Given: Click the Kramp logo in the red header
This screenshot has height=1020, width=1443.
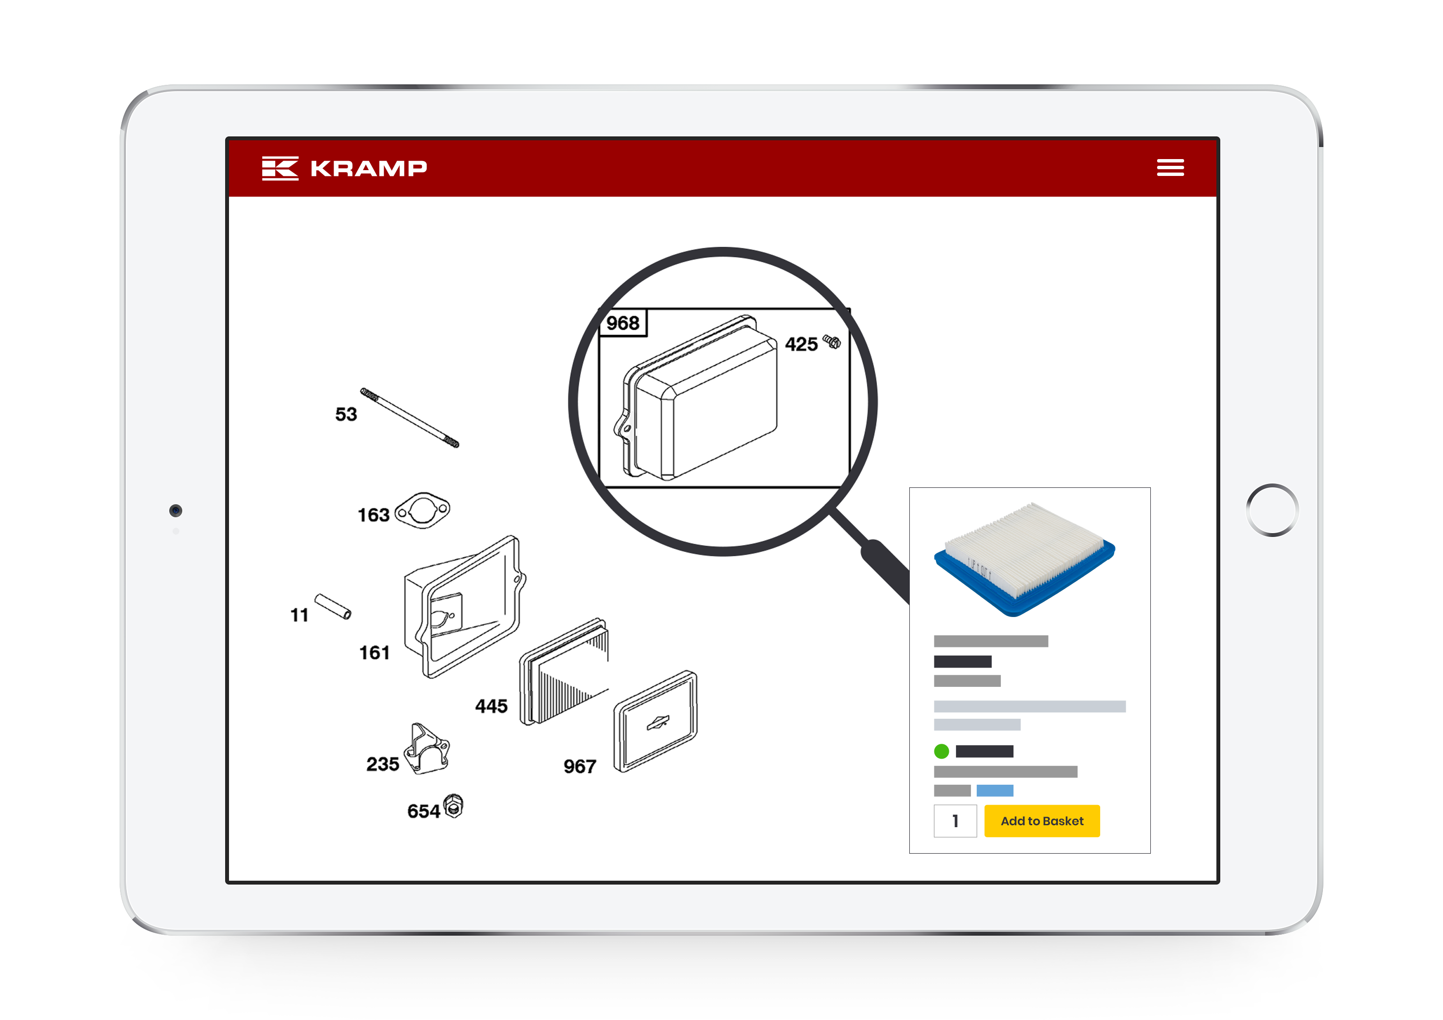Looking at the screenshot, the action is point(344,168).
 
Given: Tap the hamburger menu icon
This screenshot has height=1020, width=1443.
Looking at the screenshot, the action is point(1170,167).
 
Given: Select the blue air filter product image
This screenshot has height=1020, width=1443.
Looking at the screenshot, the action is point(1024,559).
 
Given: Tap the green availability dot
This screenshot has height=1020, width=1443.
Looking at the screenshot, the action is point(941,751).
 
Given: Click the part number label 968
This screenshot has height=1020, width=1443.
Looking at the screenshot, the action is point(622,323).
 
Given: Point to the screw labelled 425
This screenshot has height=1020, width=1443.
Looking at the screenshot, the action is point(832,341).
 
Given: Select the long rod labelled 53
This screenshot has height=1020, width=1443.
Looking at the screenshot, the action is point(409,417).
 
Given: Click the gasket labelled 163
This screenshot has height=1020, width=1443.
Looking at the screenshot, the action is point(422,510).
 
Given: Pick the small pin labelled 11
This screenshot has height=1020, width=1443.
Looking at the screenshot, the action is point(333,606).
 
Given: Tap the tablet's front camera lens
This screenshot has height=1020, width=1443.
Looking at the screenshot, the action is point(175,510).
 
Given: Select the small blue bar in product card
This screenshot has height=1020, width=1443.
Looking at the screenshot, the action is point(994,790).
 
